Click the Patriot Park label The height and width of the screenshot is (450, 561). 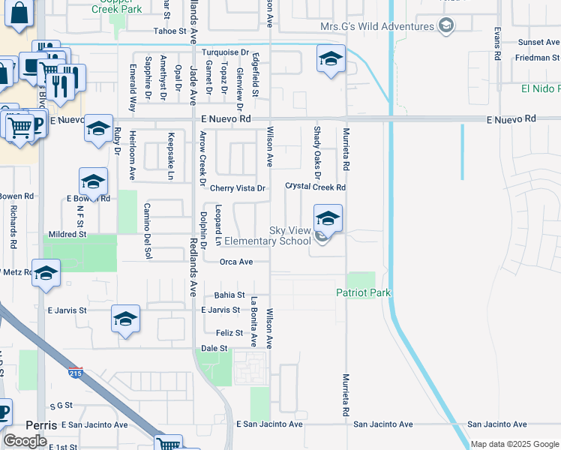point(364,292)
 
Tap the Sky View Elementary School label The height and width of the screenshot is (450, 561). point(268,236)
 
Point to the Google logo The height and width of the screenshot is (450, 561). point(25,440)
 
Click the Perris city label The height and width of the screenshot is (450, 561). point(40,424)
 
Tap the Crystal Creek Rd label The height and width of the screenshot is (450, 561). point(316,187)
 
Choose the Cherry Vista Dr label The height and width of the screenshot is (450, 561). point(237,188)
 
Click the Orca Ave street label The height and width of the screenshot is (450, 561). point(235,262)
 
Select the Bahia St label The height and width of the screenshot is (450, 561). point(229,295)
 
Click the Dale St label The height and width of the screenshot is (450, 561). point(214,348)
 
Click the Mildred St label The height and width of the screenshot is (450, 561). point(67,234)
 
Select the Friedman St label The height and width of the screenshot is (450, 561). point(536,57)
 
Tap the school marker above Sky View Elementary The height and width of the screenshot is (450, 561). point(328,219)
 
